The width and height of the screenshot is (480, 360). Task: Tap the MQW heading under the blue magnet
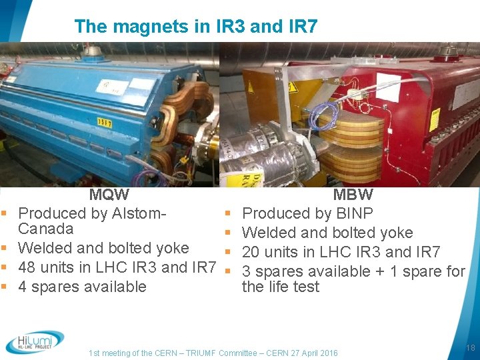click(x=109, y=195)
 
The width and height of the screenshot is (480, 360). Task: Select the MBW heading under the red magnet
click(x=353, y=195)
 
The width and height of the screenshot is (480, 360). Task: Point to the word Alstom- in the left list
click(x=139, y=213)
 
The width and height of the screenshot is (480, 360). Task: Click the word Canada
click(x=46, y=229)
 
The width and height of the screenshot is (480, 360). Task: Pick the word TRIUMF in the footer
click(x=193, y=353)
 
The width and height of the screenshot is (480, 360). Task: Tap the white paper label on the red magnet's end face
click(x=388, y=87)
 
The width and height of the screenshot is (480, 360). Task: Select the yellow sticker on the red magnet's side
click(x=434, y=120)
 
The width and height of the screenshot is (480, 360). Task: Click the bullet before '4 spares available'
click(x=5, y=287)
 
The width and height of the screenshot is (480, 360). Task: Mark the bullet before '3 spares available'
click(x=229, y=271)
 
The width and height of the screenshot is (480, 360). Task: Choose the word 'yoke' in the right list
click(x=397, y=233)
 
